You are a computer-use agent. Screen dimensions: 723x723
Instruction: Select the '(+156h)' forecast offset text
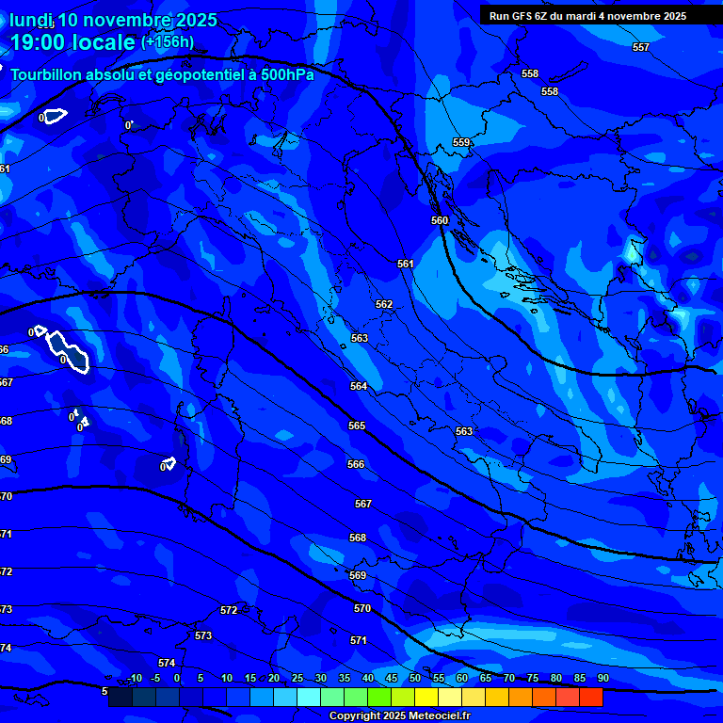[168, 42]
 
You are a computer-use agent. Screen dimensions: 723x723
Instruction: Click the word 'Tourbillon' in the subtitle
[52, 74]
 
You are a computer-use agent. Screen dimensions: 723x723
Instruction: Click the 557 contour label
[641, 47]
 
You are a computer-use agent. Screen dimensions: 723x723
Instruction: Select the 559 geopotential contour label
[461, 142]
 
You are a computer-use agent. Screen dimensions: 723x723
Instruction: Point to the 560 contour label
[440, 220]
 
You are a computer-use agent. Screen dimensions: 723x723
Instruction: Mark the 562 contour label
[384, 304]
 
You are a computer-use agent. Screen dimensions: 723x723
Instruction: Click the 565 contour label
[357, 426]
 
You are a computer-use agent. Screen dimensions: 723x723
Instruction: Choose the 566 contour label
[355, 464]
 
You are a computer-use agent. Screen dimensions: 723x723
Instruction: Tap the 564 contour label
[359, 386]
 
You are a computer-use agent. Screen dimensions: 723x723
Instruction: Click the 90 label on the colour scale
[602, 679]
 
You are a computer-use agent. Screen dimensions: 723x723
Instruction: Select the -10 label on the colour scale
[134, 679]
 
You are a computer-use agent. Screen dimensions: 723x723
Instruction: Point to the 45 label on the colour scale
[391, 679]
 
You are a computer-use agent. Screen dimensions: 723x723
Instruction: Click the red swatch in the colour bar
[590, 698]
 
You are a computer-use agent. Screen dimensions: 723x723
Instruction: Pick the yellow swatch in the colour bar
[426, 698]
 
